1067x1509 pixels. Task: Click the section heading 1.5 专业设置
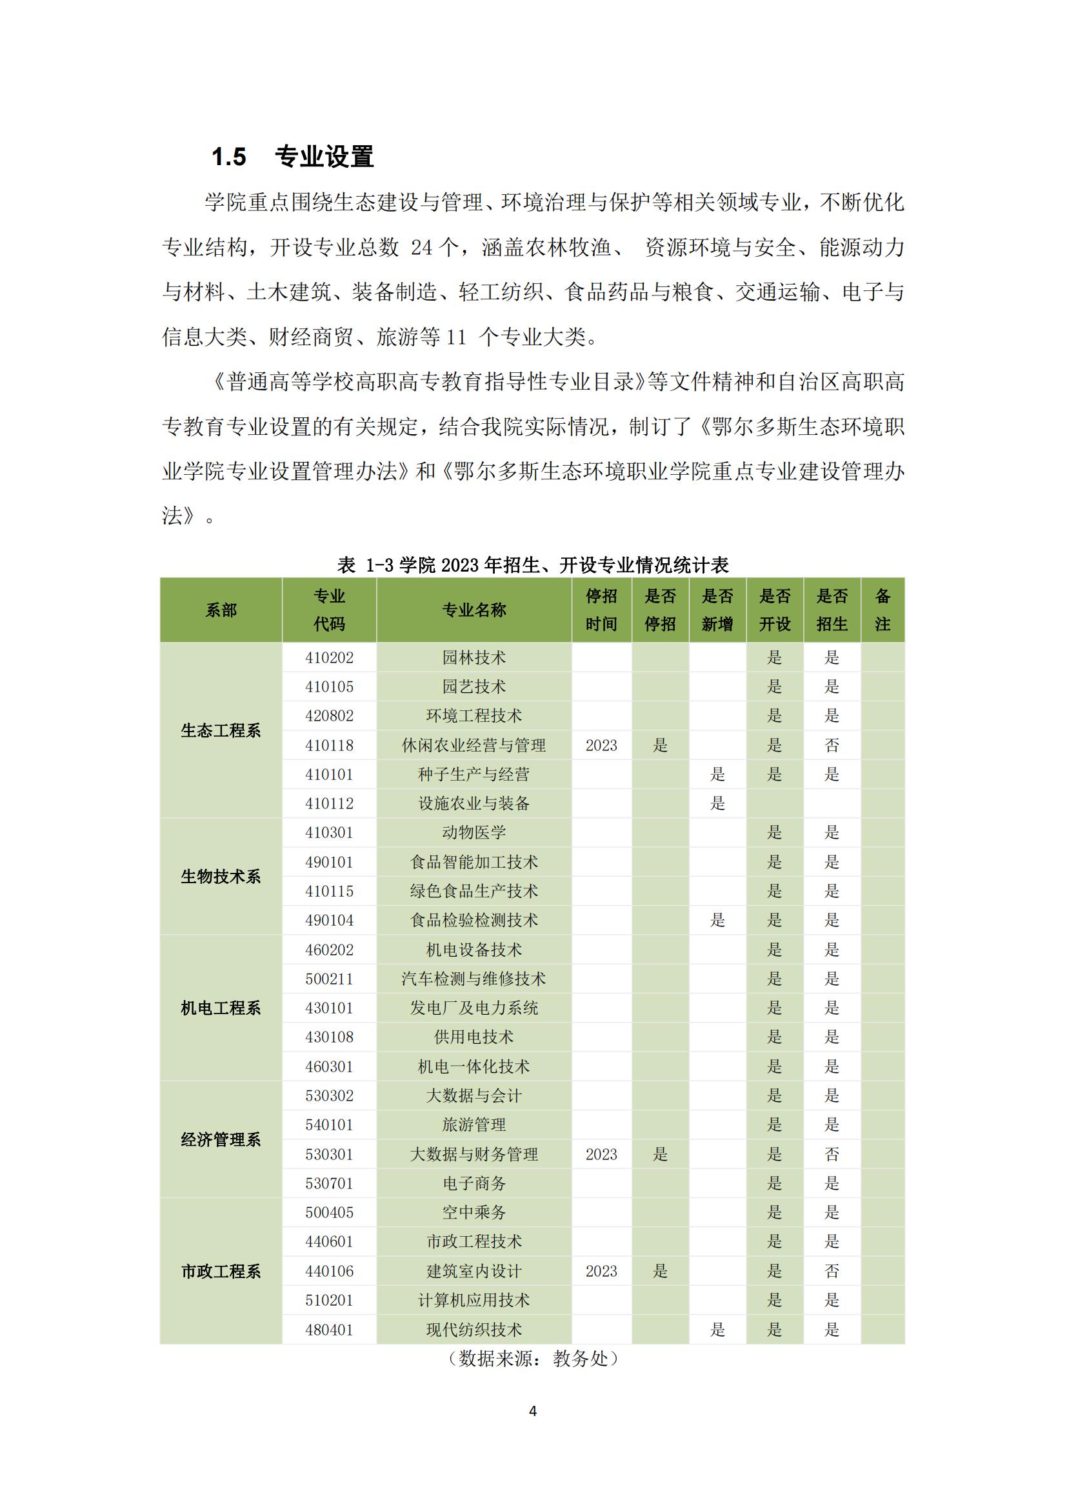[x=292, y=157]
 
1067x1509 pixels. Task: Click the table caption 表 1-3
[x=532, y=565]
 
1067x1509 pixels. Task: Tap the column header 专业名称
[x=474, y=610]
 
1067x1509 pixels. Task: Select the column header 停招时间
[x=601, y=610]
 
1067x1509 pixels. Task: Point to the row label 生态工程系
[x=221, y=730]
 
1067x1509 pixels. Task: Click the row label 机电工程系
[x=221, y=1008]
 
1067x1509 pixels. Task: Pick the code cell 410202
[x=329, y=657]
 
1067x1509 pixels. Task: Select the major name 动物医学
[x=474, y=832]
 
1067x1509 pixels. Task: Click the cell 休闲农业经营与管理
[x=474, y=745]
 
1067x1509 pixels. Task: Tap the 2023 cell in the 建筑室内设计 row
[x=601, y=1271]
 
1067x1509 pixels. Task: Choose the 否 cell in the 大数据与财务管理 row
[x=832, y=1154]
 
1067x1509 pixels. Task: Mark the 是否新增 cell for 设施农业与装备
[x=717, y=803]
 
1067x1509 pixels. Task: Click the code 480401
[x=329, y=1330]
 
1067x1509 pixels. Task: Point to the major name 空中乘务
[x=474, y=1213]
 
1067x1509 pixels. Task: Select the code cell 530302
[x=329, y=1095]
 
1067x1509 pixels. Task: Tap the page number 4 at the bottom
[x=533, y=1411]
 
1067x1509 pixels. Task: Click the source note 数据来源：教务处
[x=532, y=1359]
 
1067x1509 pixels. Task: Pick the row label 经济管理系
[x=221, y=1139]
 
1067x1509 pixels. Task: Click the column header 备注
[x=883, y=610]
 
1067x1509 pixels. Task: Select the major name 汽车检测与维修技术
[x=474, y=979]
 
